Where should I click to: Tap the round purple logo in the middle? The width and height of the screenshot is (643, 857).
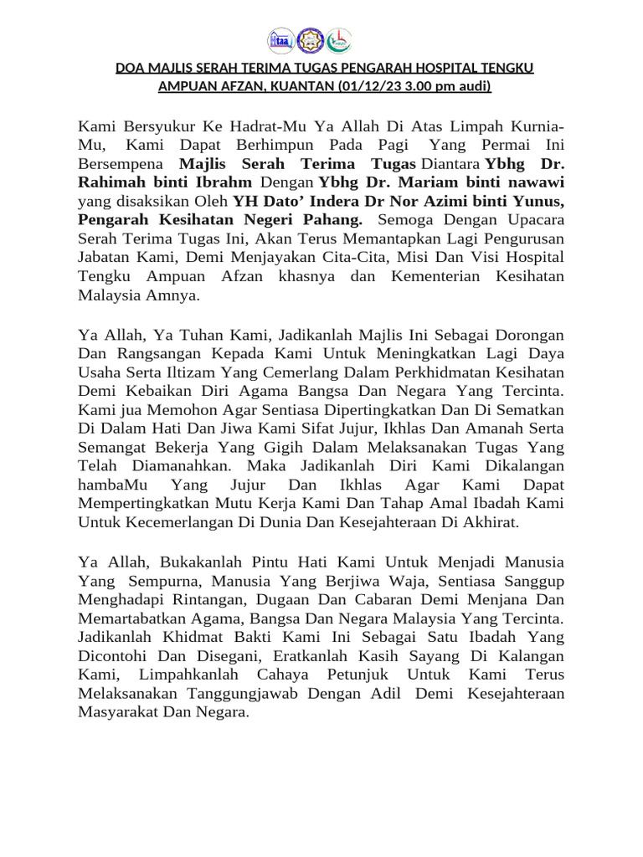tap(310, 39)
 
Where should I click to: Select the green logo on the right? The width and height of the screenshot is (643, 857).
tap(339, 39)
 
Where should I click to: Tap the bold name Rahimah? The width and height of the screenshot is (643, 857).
tap(113, 182)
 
